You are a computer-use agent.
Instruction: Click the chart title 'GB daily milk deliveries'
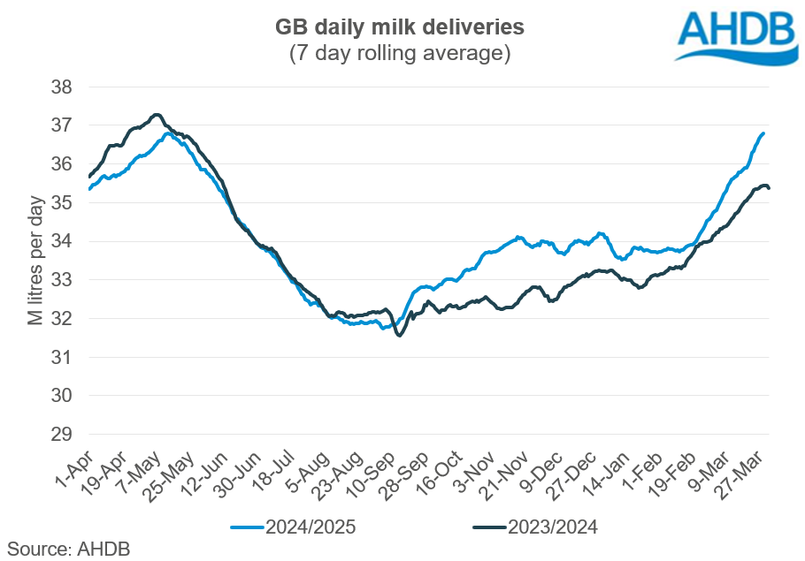coord(399,27)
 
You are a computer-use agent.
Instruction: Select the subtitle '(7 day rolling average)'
coord(399,54)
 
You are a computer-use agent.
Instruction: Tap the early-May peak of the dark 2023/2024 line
coord(157,114)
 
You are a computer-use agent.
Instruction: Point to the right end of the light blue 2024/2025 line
coord(763,133)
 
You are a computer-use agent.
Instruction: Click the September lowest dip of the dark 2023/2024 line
coord(400,336)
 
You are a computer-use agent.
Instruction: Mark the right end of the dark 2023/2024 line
coord(769,187)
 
